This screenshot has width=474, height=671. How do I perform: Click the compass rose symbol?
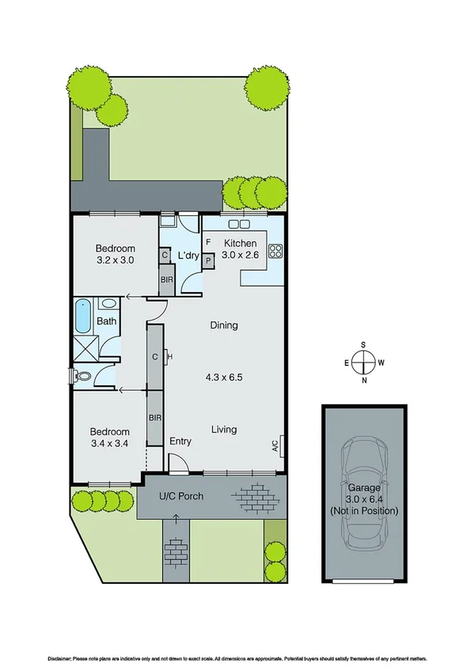click(x=362, y=362)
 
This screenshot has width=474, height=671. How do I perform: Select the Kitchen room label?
click(x=240, y=243)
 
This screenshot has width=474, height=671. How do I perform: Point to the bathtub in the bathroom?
click(x=82, y=316)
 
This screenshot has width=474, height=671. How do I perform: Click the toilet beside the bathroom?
click(x=80, y=376)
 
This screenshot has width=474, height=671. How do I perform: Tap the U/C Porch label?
click(x=181, y=496)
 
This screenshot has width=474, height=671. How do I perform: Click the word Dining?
click(x=224, y=325)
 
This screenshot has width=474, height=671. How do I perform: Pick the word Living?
click(x=224, y=430)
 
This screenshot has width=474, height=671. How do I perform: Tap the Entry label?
click(x=181, y=442)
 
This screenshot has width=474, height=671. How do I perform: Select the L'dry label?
click(x=188, y=256)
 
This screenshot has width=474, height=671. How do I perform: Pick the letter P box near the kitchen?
click(x=209, y=260)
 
